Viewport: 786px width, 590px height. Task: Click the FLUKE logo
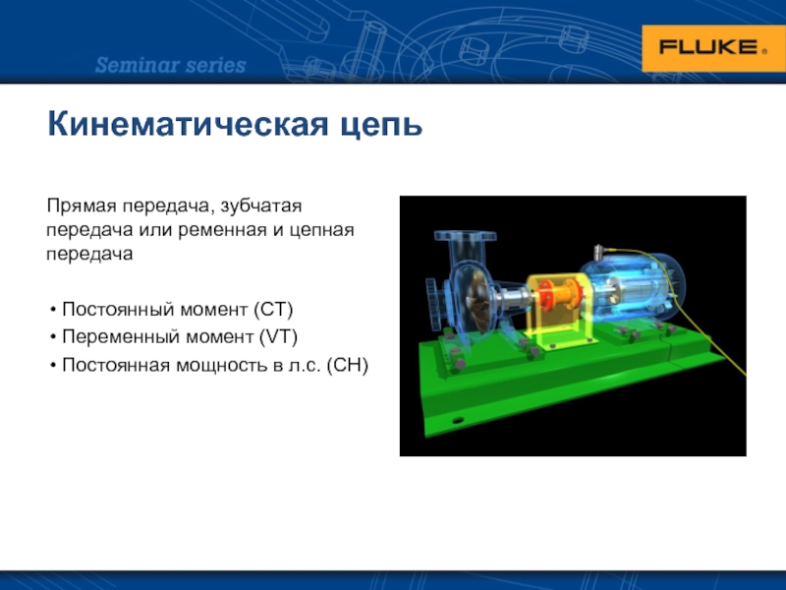[x=713, y=48]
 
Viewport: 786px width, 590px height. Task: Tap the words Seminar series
[x=170, y=65]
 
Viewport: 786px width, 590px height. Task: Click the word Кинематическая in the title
[x=188, y=124]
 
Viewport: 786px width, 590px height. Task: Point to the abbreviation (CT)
[x=273, y=310]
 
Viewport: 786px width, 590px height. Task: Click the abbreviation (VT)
[x=278, y=336]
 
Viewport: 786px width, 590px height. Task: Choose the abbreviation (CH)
[x=348, y=365]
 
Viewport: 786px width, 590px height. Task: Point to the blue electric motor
[x=633, y=287]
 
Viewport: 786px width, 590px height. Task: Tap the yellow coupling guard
[x=558, y=312]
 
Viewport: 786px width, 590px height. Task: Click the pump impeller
[x=479, y=299]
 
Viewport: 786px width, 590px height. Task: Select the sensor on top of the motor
[x=599, y=253]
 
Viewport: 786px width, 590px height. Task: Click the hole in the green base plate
[x=458, y=420]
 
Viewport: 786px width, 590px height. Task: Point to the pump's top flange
[x=465, y=236]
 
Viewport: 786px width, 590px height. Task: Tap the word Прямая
[x=82, y=206]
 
